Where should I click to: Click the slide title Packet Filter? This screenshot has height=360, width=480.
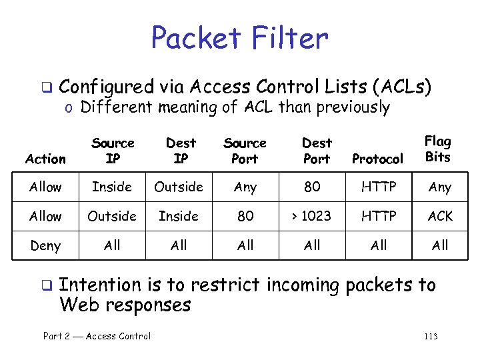pyautogui.click(x=239, y=39)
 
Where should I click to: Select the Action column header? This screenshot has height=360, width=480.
pyautogui.click(x=45, y=159)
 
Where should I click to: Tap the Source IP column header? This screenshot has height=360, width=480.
pyautogui.click(x=113, y=151)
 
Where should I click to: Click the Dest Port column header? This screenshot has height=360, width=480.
pyautogui.click(x=316, y=151)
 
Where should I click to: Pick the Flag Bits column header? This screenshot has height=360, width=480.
pyautogui.click(x=437, y=149)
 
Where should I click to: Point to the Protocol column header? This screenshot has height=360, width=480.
pyautogui.click(x=377, y=159)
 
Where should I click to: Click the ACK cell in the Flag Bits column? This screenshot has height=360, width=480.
pyautogui.click(x=440, y=216)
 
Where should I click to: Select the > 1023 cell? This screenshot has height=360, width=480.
pyautogui.click(x=312, y=216)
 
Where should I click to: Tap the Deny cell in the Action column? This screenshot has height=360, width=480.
pyautogui.click(x=45, y=245)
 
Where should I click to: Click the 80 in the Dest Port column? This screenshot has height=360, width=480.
pyautogui.click(x=312, y=187)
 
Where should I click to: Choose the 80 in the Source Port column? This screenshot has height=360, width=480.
pyautogui.click(x=245, y=216)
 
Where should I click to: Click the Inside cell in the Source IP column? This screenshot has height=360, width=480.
pyautogui.click(x=112, y=187)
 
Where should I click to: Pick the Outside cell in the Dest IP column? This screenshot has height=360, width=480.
pyautogui.click(x=179, y=187)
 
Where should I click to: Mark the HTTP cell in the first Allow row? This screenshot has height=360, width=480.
pyautogui.click(x=378, y=187)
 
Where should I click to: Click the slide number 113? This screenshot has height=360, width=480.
pyautogui.click(x=431, y=337)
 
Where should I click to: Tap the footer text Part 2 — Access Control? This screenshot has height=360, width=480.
pyautogui.click(x=97, y=336)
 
